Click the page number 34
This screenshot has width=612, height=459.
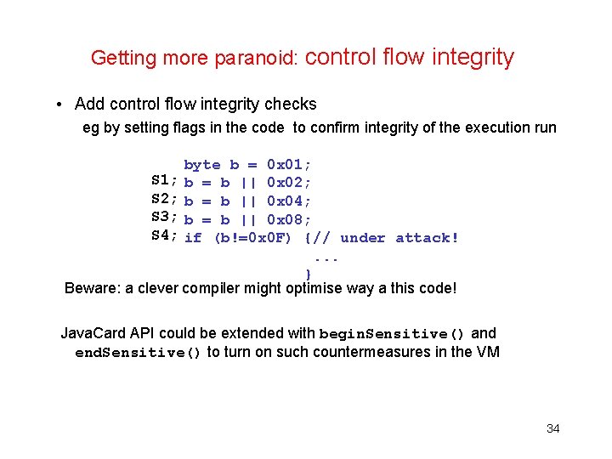click(552, 428)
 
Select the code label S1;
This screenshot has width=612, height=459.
click(164, 181)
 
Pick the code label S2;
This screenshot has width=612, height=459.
click(164, 200)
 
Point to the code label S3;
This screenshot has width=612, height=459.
click(164, 218)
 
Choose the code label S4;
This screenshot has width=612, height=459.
click(164, 236)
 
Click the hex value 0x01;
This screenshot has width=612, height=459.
click(290, 164)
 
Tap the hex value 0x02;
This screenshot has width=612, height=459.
click(290, 182)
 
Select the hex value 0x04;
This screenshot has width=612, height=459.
click(290, 201)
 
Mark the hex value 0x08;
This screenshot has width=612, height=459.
click(290, 218)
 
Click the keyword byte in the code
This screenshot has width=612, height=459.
click(202, 164)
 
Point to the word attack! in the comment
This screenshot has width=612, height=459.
click(427, 237)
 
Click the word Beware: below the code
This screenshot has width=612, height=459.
click(93, 288)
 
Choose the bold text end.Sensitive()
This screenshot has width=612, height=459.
click(138, 352)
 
